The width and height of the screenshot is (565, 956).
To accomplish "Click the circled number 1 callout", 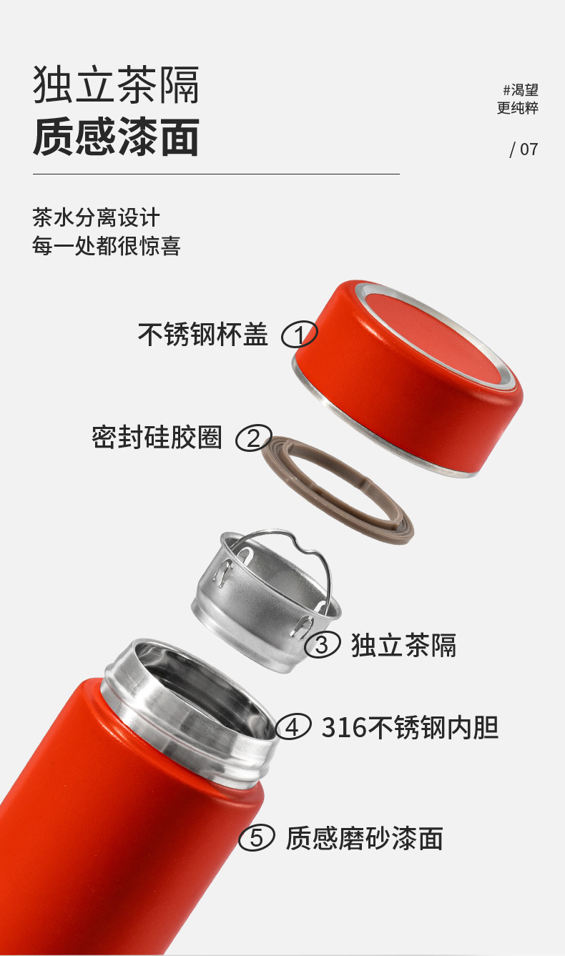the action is (300, 334).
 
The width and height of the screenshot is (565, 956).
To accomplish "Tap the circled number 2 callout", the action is (254, 438).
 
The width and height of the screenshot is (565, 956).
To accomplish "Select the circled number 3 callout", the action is (322, 644).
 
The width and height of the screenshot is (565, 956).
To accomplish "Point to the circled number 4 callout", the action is (293, 726).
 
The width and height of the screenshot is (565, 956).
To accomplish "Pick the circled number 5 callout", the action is (256, 838).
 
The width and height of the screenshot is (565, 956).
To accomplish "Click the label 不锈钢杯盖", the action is (203, 334).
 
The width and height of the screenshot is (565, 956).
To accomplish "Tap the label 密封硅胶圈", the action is (157, 438).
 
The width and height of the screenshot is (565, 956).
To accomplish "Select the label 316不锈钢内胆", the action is (410, 726).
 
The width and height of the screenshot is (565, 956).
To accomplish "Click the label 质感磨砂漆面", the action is (365, 838).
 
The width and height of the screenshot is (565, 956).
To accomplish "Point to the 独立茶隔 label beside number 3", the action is (403, 645).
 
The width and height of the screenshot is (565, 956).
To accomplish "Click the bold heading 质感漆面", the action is (116, 137).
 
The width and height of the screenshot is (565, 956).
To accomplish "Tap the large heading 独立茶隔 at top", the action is (116, 84).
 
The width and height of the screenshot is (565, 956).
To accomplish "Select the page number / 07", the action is (524, 149).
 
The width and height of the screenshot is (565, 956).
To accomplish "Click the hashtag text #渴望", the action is (521, 90).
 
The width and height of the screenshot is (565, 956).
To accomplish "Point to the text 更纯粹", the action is (518, 108).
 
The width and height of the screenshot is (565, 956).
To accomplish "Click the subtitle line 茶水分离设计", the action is (96, 217).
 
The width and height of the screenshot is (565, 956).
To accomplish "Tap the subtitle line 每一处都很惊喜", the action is (107, 246).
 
